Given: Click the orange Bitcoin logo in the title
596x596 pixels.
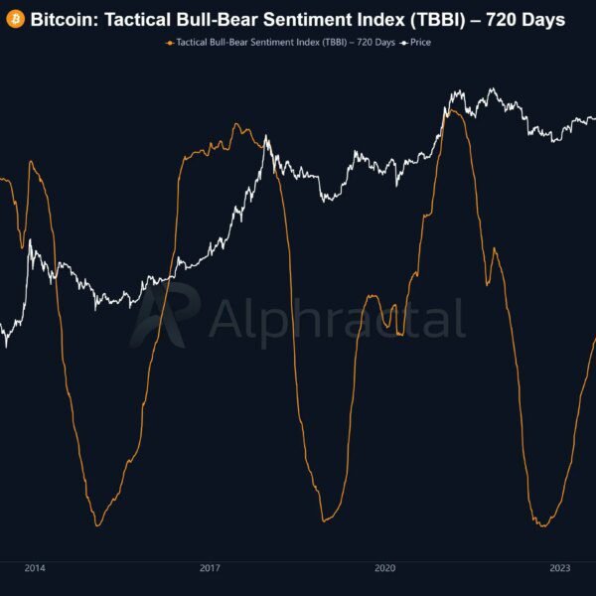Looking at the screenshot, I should pyautogui.click(x=15, y=19).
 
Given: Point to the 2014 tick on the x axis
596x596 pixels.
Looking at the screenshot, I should pyautogui.click(x=34, y=568).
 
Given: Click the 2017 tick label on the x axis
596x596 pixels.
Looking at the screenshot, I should pyautogui.click(x=210, y=568).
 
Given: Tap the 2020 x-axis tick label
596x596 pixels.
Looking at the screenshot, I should pyautogui.click(x=385, y=568).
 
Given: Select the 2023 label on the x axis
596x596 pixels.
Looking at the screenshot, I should pyautogui.click(x=560, y=568).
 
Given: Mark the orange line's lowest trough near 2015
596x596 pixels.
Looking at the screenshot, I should pyautogui.click(x=97, y=524).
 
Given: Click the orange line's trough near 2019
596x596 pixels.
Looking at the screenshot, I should pyautogui.click(x=324, y=521).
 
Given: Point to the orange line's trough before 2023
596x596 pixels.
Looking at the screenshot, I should pyautogui.click(x=542, y=524).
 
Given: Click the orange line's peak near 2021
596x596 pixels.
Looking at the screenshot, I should pyautogui.click(x=452, y=111).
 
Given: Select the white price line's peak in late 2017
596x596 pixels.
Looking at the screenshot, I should pyautogui.click(x=266, y=137).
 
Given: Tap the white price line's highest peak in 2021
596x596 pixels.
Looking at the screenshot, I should pyautogui.click(x=492, y=89).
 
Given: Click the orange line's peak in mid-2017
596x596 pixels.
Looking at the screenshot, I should pyautogui.click(x=236, y=125).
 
